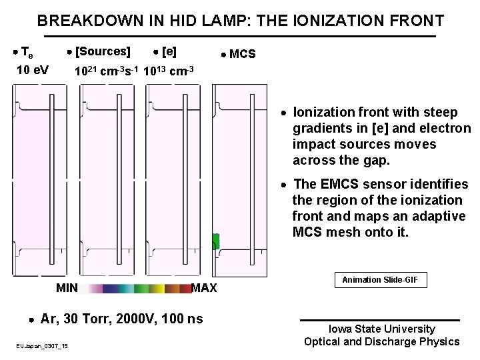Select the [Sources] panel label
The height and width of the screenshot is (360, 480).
(x=103, y=51)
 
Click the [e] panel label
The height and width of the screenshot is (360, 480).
(x=169, y=51)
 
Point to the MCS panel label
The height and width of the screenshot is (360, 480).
(x=242, y=54)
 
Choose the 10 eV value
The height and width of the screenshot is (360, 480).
(x=31, y=69)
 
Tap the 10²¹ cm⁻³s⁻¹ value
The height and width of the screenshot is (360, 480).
(x=106, y=71)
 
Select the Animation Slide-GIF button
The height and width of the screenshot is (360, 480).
(x=380, y=280)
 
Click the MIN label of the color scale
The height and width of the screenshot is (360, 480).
(x=67, y=288)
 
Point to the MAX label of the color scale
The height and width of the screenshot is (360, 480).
(x=204, y=288)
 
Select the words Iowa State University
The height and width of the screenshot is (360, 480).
(x=381, y=329)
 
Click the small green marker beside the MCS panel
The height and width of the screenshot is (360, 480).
(x=215, y=241)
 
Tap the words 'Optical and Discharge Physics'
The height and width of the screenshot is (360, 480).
(x=381, y=341)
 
